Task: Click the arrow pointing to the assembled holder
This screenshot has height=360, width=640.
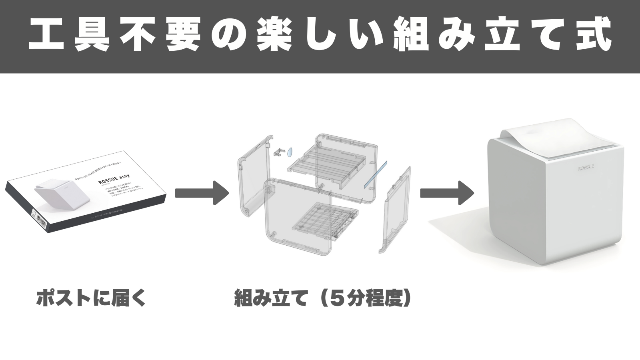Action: click(x=446, y=193)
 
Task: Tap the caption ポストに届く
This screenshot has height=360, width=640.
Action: click(x=91, y=298)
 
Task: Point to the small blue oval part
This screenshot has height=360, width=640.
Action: click(x=290, y=152)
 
